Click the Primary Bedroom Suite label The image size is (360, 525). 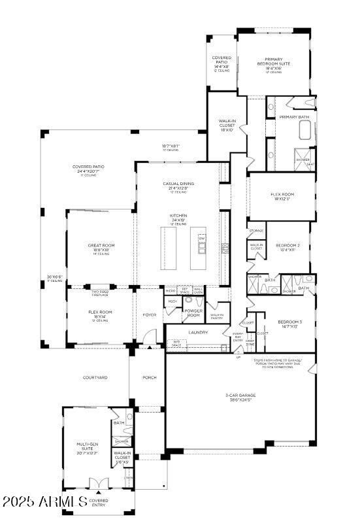click(274, 61)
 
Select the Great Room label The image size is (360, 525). click(101, 246)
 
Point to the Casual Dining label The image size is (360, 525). click(178, 184)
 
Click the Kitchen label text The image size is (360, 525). click(178, 216)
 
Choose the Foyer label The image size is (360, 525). click(149, 314)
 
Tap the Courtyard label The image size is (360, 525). click(96, 377)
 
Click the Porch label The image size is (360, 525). click(148, 377)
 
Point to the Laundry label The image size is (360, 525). click(197, 332)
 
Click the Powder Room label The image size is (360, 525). click(192, 313)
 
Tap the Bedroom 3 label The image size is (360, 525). click(289, 323)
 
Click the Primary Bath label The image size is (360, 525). click(293, 117)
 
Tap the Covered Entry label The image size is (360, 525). click(99, 502)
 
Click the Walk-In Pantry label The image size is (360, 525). click(216, 316)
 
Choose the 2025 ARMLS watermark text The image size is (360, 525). click(44, 502)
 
